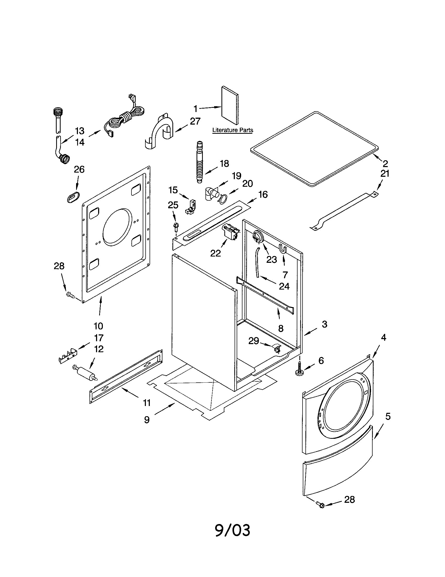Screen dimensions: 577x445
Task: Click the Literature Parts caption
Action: click(x=232, y=130)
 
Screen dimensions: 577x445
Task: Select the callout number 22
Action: click(x=215, y=253)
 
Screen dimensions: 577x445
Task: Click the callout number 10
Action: click(x=98, y=326)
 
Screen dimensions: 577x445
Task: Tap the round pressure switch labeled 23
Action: click(x=258, y=236)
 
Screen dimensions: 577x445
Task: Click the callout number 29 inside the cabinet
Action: click(x=253, y=341)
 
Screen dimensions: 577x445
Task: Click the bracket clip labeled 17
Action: click(x=68, y=356)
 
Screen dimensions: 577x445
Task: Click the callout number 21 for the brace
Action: click(x=385, y=174)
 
